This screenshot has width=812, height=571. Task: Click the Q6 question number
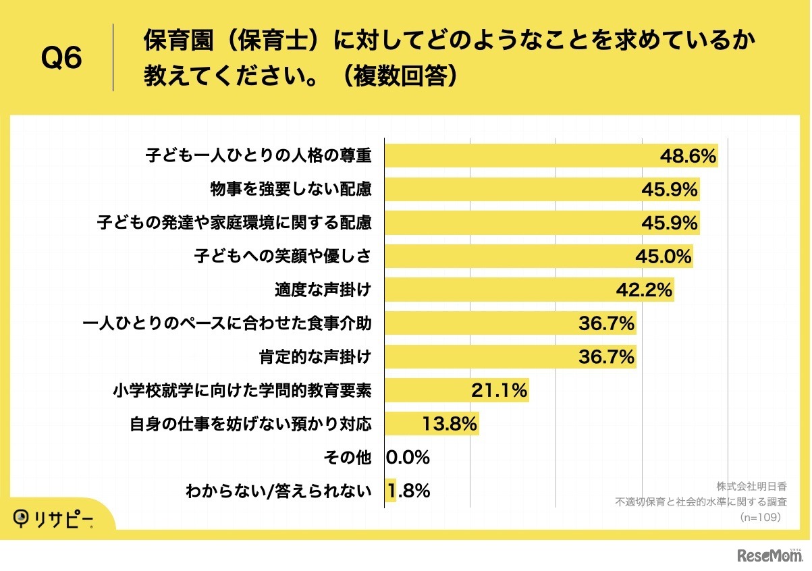coord(61,59)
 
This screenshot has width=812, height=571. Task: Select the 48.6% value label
coord(687,157)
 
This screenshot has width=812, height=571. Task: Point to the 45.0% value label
coord(664,256)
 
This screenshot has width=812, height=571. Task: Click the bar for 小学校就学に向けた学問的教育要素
coord(432,390)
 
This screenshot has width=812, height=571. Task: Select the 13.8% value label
coord(450,424)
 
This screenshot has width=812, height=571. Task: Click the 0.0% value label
coord(408,458)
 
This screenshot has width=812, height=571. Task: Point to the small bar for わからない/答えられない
coord(390,491)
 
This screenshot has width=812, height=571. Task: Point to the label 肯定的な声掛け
coord(315,357)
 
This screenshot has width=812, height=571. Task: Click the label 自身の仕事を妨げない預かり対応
coord(250,424)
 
